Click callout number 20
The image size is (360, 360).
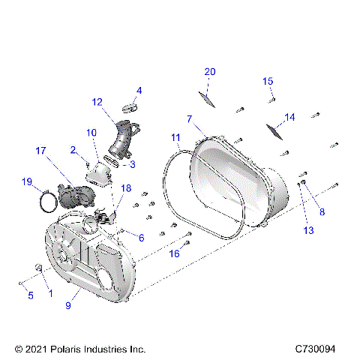pyautogui.click(x=210, y=71)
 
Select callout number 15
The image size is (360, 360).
pyautogui.click(x=268, y=81)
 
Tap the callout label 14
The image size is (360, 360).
pyautogui.click(x=289, y=116)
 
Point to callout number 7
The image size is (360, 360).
pyautogui.click(x=190, y=118)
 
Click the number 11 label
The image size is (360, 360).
pyautogui.click(x=175, y=137)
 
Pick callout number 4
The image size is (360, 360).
pyautogui.click(x=138, y=91)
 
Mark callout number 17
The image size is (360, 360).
pyautogui.click(x=41, y=151)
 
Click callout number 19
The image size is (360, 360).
pyautogui.click(x=28, y=181)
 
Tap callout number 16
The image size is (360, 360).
pyautogui.click(x=173, y=253)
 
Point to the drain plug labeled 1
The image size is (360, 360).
pyautogui.click(x=34, y=268)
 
